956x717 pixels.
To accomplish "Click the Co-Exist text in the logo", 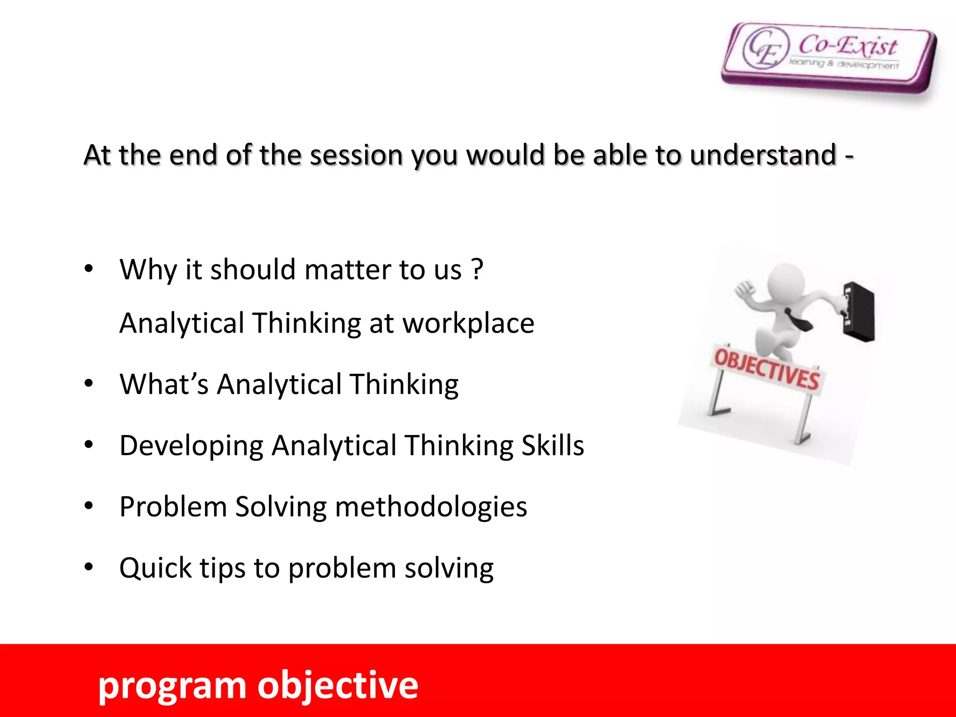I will click(848, 46).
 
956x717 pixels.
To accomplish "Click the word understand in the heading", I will click(763, 155).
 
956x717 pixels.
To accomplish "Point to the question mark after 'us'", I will click(477, 270).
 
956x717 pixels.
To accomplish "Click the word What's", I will click(164, 385).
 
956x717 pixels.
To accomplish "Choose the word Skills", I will click(552, 446).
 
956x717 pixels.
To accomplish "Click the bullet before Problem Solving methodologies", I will click(89, 506).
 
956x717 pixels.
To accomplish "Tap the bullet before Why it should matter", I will click(89, 269).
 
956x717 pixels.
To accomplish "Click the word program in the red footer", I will click(172, 687).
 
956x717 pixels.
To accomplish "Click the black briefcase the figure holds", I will click(858, 312).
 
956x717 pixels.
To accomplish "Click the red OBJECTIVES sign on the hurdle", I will click(766, 369).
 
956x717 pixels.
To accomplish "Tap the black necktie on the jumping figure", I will click(799, 320).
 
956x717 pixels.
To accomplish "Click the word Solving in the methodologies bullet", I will click(281, 507).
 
